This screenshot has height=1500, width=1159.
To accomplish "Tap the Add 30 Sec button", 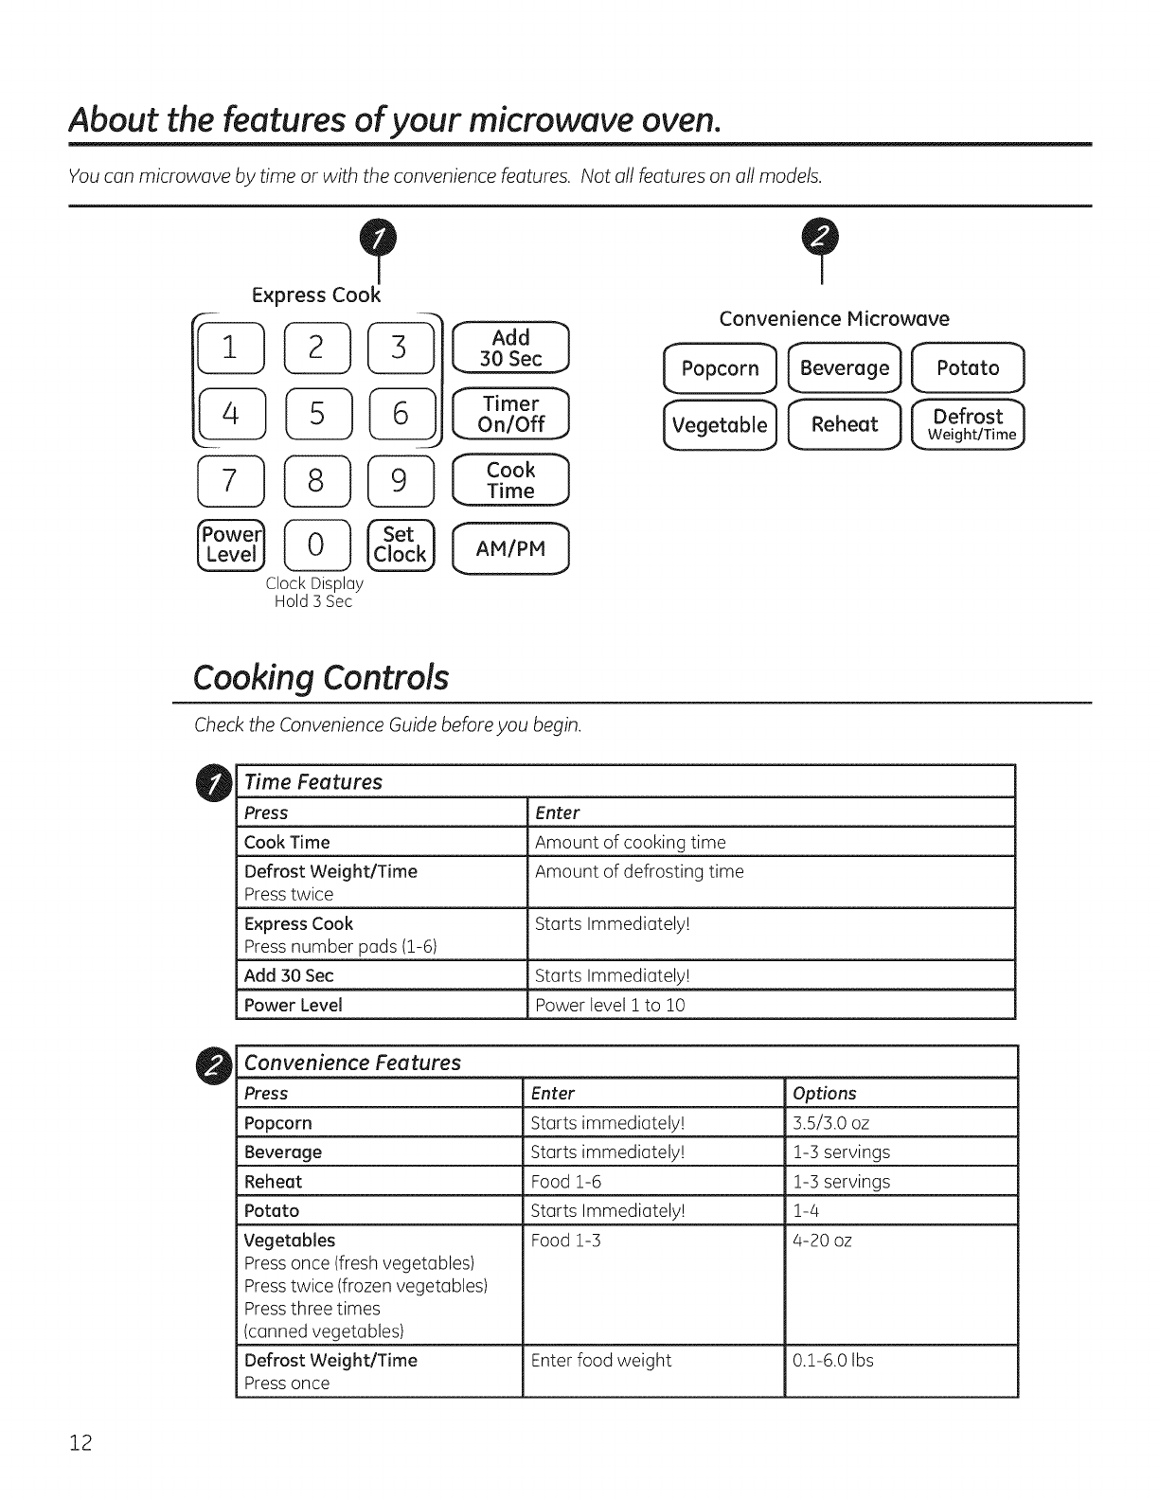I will tap(511, 348).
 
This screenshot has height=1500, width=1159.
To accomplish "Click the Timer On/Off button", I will tap(511, 415).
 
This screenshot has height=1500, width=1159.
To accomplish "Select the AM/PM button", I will tap(511, 549).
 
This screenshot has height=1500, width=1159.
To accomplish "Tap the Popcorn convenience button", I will tap(720, 368).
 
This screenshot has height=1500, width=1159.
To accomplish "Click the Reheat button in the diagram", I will tap(844, 425).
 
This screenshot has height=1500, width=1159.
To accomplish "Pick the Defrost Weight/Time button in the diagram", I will tap(968, 424).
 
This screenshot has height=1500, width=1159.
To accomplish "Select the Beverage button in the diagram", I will tap(844, 368).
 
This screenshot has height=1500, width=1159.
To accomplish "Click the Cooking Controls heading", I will tap(320, 678).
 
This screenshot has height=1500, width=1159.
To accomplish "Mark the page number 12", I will tap(80, 1443).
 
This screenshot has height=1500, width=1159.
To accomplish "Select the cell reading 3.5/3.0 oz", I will tap(831, 1123).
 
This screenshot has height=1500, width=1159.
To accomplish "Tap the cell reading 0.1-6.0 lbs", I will tap(833, 1361).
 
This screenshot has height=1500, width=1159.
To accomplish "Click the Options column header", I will tap(825, 1093).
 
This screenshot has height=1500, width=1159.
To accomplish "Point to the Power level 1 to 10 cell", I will tap(610, 1005).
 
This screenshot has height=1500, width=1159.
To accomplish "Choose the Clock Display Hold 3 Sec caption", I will tap(313, 593).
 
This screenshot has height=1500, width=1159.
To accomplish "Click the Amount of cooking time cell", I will tap(631, 842).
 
